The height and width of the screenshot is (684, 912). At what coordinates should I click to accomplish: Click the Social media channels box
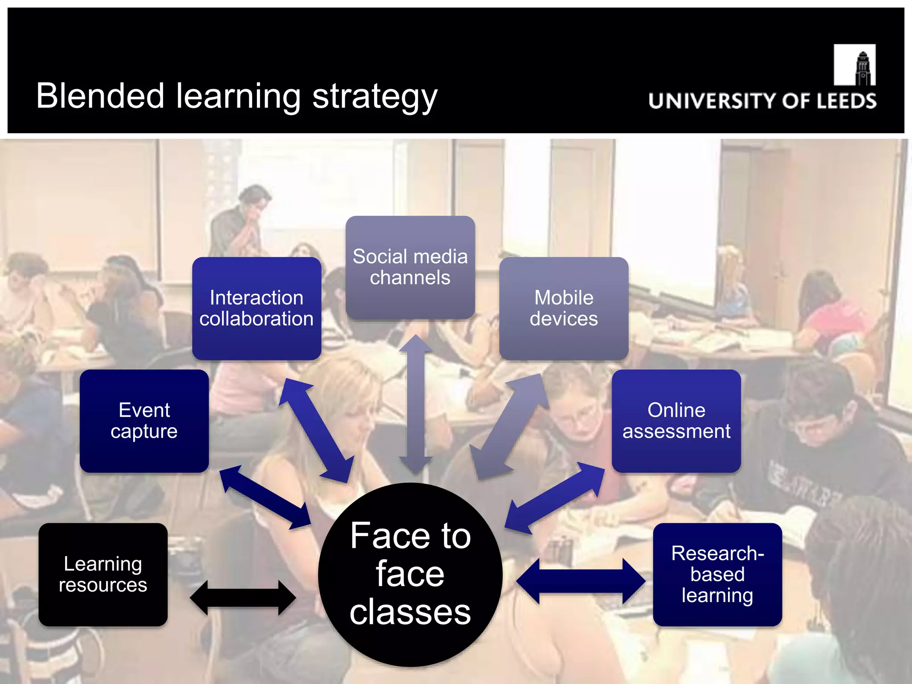(x=410, y=267)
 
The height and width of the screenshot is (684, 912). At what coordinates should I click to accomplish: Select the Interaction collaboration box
(x=256, y=308)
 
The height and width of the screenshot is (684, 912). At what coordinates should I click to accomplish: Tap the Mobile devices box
(x=564, y=308)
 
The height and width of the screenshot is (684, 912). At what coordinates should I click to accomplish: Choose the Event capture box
(x=144, y=421)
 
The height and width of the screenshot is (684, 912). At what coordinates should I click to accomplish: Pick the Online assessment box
(x=676, y=421)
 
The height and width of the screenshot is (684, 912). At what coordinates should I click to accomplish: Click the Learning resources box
(x=103, y=574)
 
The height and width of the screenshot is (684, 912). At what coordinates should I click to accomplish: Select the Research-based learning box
(x=717, y=574)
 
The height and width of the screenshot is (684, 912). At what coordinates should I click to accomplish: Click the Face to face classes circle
(x=410, y=574)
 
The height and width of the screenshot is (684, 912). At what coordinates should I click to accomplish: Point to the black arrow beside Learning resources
(x=243, y=598)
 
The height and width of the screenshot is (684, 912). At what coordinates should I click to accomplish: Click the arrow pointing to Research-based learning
(x=581, y=581)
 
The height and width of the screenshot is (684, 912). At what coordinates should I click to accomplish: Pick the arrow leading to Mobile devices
(x=510, y=427)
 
